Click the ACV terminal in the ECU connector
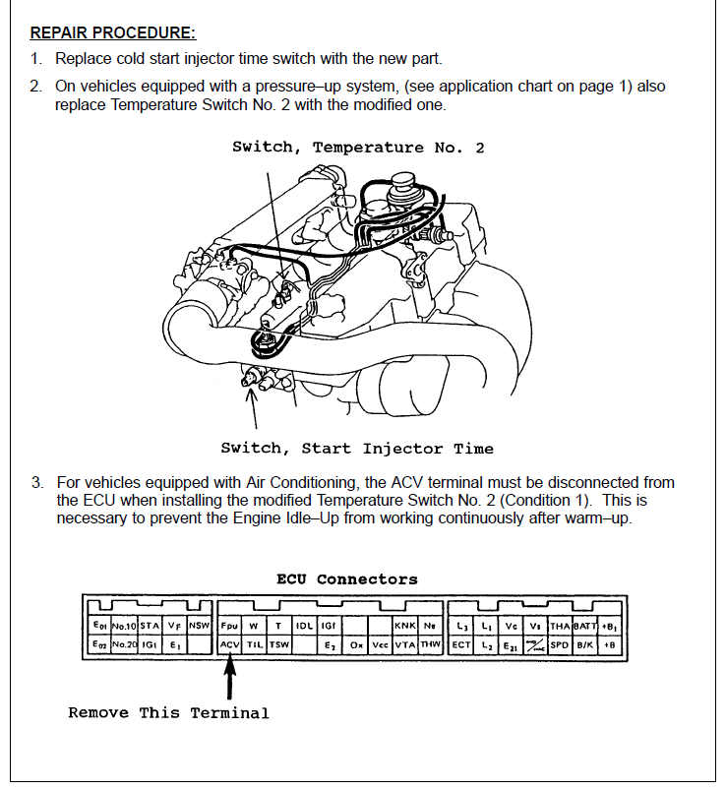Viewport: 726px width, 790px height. [228, 645]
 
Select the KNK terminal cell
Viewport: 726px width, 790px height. [405, 626]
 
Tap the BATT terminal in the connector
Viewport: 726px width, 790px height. [585, 626]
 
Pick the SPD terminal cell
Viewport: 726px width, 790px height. [560, 645]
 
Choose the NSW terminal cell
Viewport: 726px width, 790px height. [200, 626]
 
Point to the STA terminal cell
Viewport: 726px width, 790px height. [150, 626]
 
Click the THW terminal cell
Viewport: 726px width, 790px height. [430, 645]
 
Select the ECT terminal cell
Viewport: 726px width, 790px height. [461, 645]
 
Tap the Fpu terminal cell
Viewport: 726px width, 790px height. [229, 626]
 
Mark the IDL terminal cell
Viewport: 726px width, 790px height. [305, 626]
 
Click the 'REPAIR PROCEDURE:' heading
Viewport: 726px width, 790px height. [113, 32]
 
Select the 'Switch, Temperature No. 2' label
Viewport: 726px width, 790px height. [358, 148]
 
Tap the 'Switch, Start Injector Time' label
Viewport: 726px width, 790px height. [357, 449]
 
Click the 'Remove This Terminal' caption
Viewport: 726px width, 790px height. [168, 712]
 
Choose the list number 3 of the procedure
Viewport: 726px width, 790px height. [36, 483]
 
